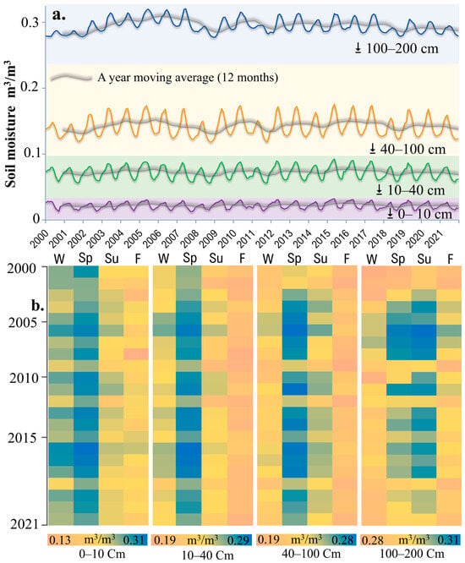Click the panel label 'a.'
(59, 15)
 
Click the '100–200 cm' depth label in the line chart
(402, 48)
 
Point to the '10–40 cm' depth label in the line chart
(415, 189)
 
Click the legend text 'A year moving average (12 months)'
(188, 78)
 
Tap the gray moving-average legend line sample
(71, 78)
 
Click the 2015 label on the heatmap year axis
(22, 438)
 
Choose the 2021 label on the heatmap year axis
(24, 525)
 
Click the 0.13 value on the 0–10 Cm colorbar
(60, 539)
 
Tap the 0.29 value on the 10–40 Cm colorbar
(240, 539)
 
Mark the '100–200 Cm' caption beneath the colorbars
(413, 554)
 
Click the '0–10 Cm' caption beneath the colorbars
(102, 554)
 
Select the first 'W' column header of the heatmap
(59, 259)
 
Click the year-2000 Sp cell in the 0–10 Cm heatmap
(86, 271)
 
